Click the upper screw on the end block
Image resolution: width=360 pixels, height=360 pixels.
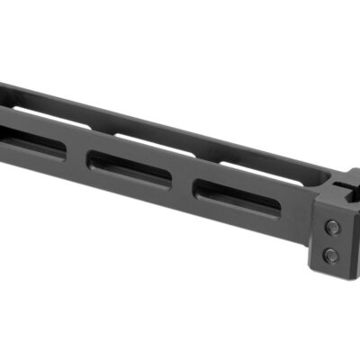click(330, 226)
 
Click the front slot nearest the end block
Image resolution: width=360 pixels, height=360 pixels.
click(238, 193)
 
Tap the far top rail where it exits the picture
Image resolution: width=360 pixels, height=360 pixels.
click(4, 88)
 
